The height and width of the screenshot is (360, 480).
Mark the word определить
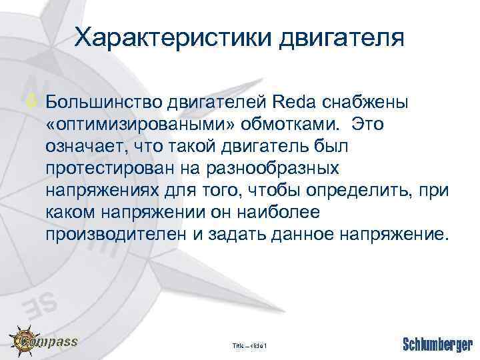[357, 192]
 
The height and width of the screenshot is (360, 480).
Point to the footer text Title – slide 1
[249, 346]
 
